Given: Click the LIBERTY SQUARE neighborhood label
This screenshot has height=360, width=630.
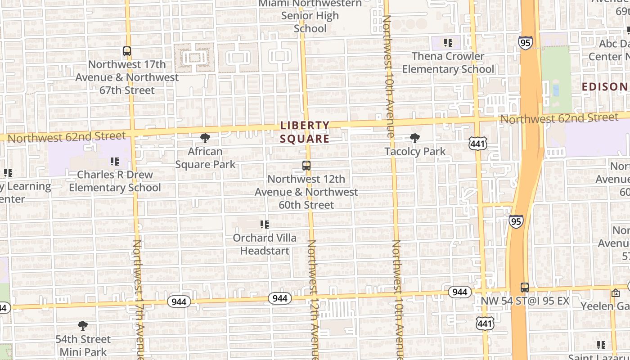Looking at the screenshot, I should point(305,132).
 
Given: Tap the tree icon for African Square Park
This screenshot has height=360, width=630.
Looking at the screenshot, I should point(205,138).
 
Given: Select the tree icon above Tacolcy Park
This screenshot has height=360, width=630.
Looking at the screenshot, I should point(415,138).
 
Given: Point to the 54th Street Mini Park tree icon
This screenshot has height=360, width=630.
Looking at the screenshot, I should point(82,326).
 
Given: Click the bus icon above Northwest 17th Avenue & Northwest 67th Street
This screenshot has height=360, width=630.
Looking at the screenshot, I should point(127,51).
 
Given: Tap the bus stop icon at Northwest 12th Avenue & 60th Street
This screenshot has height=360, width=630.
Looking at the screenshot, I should point(306,166).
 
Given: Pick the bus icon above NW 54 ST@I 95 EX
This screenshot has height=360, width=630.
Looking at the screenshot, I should point(525,288).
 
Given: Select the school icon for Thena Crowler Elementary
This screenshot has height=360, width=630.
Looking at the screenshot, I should point(448,43).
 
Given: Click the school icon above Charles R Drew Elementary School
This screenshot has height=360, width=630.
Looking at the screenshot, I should point(115,161).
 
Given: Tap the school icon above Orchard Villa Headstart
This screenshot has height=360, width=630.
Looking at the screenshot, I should point(265,224).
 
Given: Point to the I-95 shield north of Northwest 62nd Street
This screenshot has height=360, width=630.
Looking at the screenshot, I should point(525,43).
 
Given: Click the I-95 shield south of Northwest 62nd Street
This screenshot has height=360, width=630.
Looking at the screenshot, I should point(516,221).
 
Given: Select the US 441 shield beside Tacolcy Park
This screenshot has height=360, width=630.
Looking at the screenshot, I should point(477,144).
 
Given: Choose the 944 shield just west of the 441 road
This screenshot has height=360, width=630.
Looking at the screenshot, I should point(459,292).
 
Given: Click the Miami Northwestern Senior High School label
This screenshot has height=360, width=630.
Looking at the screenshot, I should point(310,16).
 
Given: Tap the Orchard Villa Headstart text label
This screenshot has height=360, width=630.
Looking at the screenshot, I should point(265,244).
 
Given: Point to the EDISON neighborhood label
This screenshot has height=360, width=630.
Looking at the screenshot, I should point(605,86).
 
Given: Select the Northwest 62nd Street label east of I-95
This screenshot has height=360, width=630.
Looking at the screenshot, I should point(559,118).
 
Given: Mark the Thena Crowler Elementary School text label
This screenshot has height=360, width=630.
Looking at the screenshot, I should point(448,63).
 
